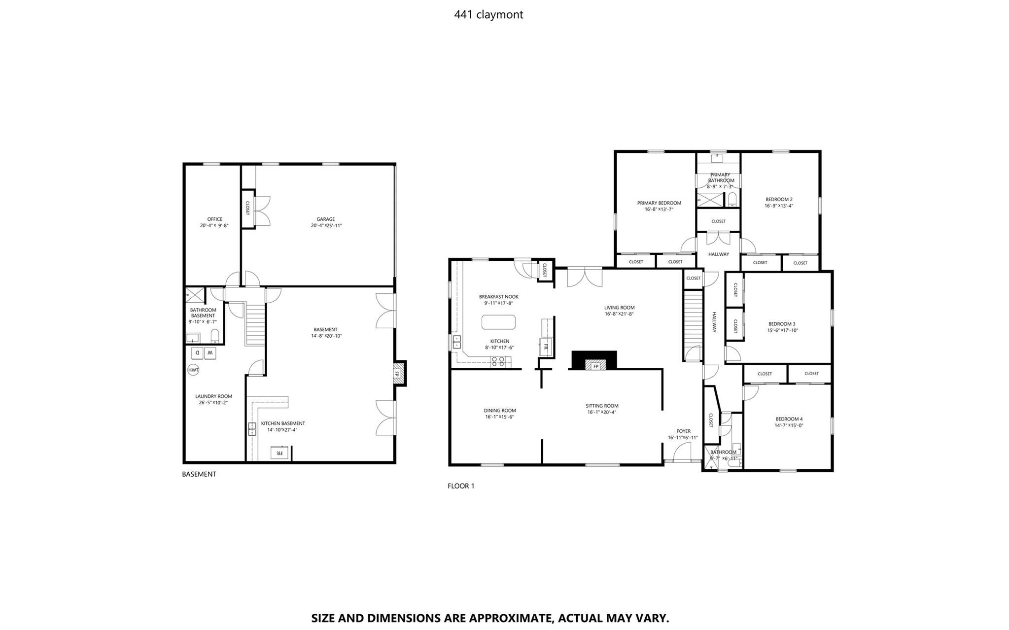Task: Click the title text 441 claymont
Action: pyautogui.click(x=488, y=15)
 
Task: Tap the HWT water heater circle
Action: pyautogui.click(x=193, y=370)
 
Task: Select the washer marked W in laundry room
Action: pyautogui.click(x=210, y=353)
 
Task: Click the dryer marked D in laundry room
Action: pyautogui.click(x=196, y=353)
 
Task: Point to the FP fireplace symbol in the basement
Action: pyautogui.click(x=396, y=374)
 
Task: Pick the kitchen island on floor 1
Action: pyautogui.click(x=499, y=322)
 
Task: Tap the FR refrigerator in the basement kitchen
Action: pyautogui.click(x=279, y=453)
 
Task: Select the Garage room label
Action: pyautogui.click(x=326, y=219)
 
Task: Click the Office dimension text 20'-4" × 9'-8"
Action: pyautogui.click(x=214, y=226)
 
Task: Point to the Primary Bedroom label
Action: pyautogui.click(x=659, y=203)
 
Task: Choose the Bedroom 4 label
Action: pyautogui.click(x=789, y=419)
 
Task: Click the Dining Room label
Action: pyautogui.click(x=500, y=411)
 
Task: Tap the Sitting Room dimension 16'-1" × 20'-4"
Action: pyautogui.click(x=602, y=413)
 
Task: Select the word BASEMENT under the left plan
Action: pyautogui.click(x=199, y=474)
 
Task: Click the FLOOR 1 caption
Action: pyautogui.click(x=461, y=486)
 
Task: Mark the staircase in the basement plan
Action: pyautogui.click(x=256, y=324)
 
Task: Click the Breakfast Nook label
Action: pyautogui.click(x=499, y=297)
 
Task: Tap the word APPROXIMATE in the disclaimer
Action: pyautogui.click(x=510, y=618)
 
